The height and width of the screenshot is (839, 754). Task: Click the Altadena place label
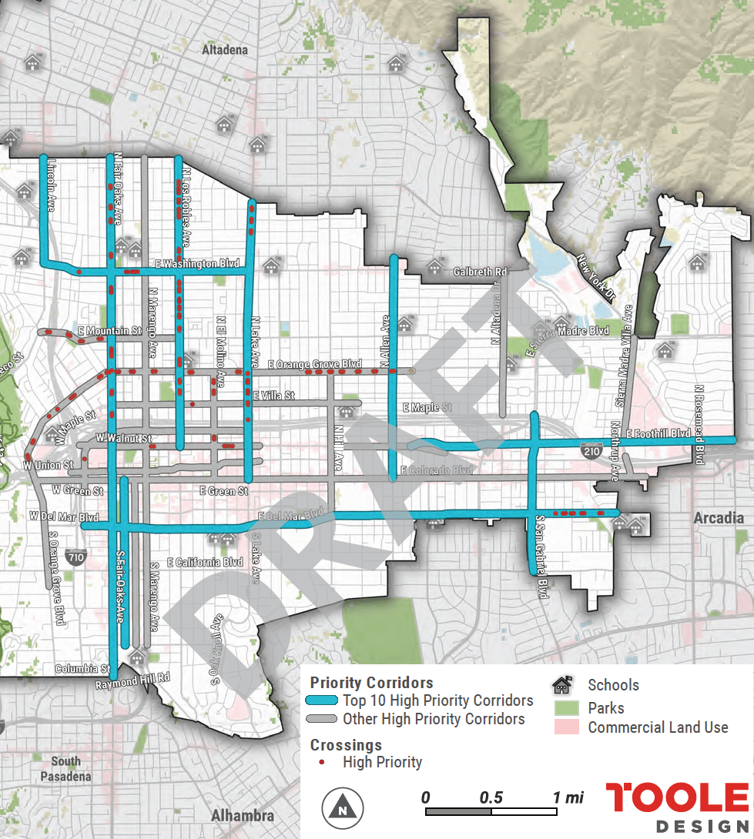click(x=225, y=50)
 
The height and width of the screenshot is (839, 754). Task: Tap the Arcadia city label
click(x=718, y=517)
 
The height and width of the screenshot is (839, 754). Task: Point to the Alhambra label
click(x=242, y=815)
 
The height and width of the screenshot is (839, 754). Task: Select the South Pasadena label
click(x=65, y=768)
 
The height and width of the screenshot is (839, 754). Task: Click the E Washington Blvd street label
click(x=197, y=263)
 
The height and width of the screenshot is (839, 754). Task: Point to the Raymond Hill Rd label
click(x=132, y=680)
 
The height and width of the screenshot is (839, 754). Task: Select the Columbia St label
click(x=82, y=669)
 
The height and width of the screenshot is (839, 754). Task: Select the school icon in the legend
click(x=563, y=684)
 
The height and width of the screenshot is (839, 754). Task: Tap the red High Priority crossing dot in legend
click(x=321, y=762)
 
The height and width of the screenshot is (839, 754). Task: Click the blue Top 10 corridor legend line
click(x=322, y=700)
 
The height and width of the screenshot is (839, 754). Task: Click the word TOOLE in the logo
click(x=676, y=798)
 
